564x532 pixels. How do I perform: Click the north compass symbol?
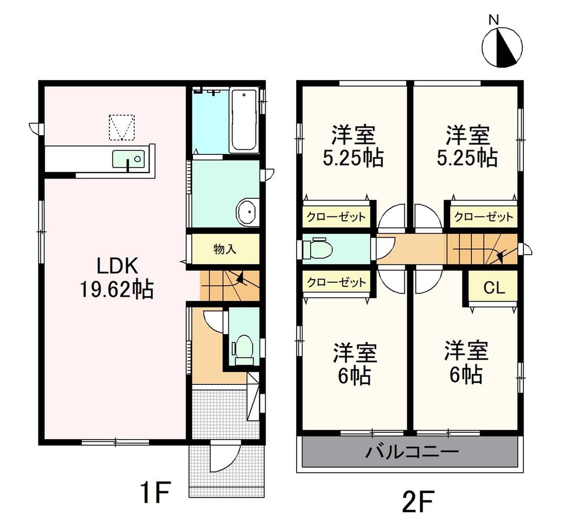502,47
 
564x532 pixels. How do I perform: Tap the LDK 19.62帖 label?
117,278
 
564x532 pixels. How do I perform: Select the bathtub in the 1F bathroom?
244,121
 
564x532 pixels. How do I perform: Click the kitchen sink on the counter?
129,158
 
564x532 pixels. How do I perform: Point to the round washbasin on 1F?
247,212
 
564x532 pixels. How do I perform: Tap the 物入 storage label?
225,249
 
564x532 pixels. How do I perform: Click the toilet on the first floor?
244,350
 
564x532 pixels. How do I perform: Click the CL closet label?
494,287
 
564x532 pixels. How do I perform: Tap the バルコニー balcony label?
412,451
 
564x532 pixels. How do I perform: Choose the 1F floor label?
155,493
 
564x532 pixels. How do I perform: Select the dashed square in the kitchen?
122,127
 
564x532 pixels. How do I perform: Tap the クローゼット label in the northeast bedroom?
483,217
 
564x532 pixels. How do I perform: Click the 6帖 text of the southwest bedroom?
354,376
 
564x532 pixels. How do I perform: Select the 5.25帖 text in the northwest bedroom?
353,157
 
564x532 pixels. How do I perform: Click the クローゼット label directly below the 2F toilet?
336,282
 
